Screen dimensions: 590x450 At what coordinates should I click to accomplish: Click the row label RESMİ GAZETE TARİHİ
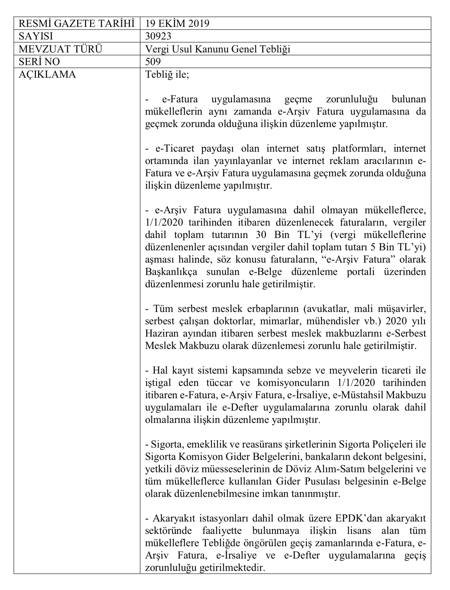click(x=76, y=23)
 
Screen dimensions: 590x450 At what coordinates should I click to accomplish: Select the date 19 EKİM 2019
click(x=177, y=23)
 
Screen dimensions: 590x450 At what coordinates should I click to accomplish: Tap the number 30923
click(x=158, y=36)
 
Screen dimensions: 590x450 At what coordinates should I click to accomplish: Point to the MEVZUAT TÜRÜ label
click(x=60, y=49)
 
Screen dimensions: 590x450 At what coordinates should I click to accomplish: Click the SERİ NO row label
click(x=39, y=61)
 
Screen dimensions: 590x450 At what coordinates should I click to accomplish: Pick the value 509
click(x=153, y=61)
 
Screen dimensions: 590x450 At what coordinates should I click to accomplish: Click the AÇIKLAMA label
click(x=47, y=74)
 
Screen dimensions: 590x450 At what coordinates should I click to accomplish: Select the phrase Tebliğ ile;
click(x=167, y=74)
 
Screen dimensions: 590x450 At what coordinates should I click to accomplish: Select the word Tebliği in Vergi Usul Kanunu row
click(x=273, y=49)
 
